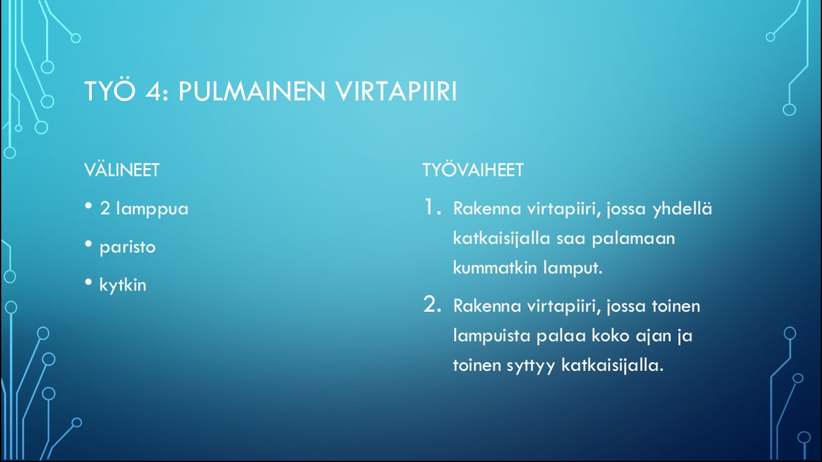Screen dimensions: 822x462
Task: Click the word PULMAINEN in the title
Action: pyautogui.click(x=252, y=91)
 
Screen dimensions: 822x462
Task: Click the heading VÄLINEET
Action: pyautogui.click(x=122, y=170)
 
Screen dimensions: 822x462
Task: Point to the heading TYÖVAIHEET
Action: pyautogui.click(x=473, y=170)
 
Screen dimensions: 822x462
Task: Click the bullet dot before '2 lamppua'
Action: pyautogui.click(x=89, y=205)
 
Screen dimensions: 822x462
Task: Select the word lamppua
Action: pyautogui.click(x=152, y=209)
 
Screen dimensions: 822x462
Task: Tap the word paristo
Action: pyautogui.click(x=128, y=248)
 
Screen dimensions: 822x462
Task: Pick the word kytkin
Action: pyautogui.click(x=123, y=285)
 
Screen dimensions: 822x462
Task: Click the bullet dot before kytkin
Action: pyautogui.click(x=89, y=282)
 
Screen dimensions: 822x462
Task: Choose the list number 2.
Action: pyautogui.click(x=432, y=304)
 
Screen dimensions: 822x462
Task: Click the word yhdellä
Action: pyautogui.click(x=683, y=209)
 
